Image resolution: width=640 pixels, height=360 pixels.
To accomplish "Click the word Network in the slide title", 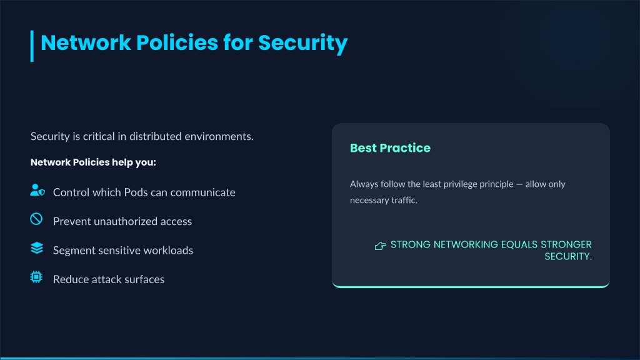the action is [x=86, y=43].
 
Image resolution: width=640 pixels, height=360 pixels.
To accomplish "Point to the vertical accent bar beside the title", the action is [x=32, y=46].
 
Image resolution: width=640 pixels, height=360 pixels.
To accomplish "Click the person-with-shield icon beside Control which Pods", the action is [x=37, y=190].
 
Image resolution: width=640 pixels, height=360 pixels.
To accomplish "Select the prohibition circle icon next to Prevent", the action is [x=36, y=219].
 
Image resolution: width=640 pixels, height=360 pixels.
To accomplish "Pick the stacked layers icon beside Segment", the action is [x=37, y=247].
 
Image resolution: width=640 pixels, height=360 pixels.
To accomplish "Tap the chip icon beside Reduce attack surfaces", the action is [x=36, y=277].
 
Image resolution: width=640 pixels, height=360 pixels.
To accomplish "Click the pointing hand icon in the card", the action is [x=381, y=246].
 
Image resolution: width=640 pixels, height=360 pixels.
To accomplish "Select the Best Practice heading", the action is [x=390, y=147].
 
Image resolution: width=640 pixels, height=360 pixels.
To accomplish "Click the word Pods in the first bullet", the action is [x=136, y=192].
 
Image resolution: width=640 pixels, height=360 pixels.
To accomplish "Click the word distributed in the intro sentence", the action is [x=156, y=136].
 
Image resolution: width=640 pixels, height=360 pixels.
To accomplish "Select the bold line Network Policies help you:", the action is [x=93, y=162].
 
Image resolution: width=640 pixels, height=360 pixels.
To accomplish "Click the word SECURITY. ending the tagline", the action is [x=568, y=256].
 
